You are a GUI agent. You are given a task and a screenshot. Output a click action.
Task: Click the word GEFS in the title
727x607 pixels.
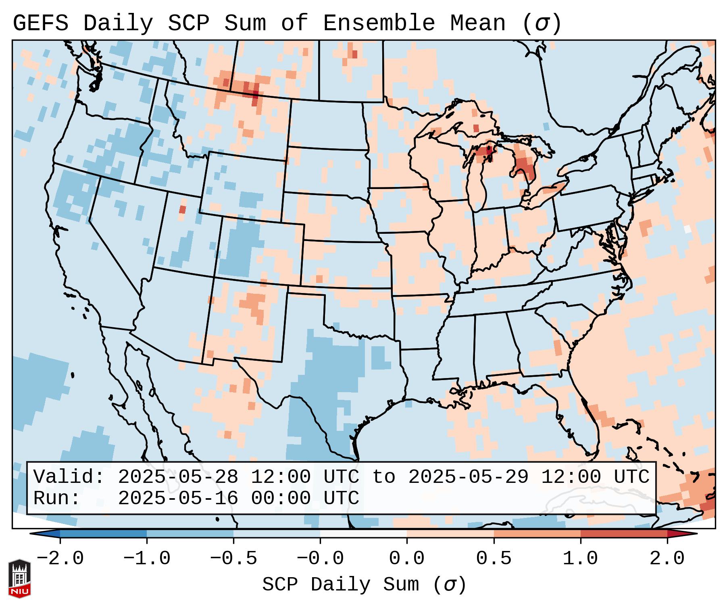(x=40, y=23)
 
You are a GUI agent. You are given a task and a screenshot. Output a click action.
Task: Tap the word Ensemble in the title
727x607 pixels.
(x=379, y=23)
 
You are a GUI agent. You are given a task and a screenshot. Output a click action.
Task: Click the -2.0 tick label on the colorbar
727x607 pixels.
(x=60, y=559)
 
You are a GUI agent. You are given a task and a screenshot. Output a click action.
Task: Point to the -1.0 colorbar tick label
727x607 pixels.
(x=147, y=559)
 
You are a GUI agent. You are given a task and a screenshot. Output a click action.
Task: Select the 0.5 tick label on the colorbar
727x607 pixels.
(x=494, y=559)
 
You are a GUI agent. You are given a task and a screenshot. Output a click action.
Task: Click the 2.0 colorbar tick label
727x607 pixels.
(x=667, y=559)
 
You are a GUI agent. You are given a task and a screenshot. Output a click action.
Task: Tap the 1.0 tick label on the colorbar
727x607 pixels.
(x=580, y=559)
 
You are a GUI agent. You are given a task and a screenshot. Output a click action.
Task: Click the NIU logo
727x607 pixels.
(x=19, y=578)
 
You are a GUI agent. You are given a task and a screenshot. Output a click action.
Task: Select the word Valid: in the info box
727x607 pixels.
(x=69, y=477)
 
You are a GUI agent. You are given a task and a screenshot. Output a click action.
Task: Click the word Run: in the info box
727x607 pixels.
(x=57, y=498)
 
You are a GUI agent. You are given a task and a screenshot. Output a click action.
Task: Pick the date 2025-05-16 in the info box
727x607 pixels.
(x=178, y=498)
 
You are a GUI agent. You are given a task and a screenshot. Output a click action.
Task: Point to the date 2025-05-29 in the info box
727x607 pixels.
(x=468, y=477)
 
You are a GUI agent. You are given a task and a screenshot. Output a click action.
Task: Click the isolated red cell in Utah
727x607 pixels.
(x=182, y=210)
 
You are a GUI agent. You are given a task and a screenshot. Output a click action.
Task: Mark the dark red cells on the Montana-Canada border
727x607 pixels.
(x=254, y=95)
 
